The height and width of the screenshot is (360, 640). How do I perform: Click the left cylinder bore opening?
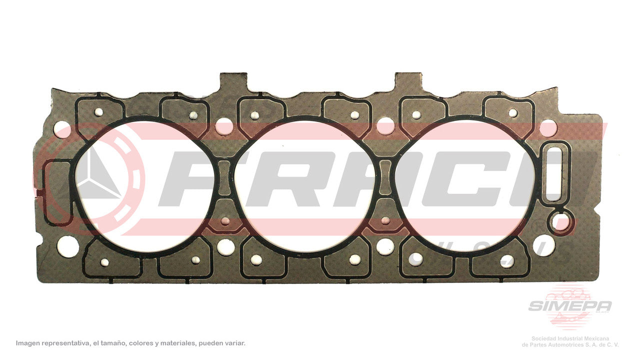pyautogui.click(x=145, y=186)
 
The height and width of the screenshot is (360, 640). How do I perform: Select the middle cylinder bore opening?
pyautogui.click(x=305, y=186)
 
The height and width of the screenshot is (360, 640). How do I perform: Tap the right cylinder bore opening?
pyautogui.click(x=465, y=186)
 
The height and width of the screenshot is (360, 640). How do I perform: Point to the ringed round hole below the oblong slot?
pyautogui.click(x=560, y=223)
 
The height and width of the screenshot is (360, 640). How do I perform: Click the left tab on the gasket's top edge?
pyautogui.click(x=233, y=81)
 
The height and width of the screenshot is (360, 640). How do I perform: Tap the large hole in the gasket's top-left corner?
pyautogui.click(x=62, y=128)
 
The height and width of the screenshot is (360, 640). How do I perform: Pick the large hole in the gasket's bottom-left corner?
pyautogui.click(x=67, y=246)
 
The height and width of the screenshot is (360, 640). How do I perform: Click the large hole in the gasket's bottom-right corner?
pyautogui.click(x=544, y=245)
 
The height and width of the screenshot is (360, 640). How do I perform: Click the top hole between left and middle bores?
pyautogui.click(x=224, y=126)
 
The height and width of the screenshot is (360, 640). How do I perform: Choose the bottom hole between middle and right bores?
pyautogui.click(x=385, y=246)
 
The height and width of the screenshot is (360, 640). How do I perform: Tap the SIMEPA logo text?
pyautogui.click(x=570, y=306)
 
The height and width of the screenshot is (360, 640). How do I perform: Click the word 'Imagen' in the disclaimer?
pyautogui.click(x=29, y=343)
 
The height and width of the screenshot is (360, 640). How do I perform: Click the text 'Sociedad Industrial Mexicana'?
pyautogui.click(x=574, y=338)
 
